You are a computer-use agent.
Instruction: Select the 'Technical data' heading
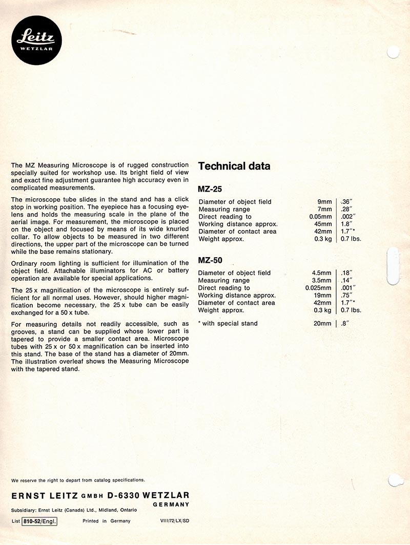234,166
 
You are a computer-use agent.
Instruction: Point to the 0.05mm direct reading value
318,217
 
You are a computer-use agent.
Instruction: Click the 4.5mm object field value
321,273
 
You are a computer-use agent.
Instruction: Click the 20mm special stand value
322,323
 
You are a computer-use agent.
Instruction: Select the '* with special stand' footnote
228,323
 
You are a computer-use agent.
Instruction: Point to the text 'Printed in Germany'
107,521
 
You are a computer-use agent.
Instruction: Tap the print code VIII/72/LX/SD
175,521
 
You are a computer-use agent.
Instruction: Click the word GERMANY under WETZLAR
171,505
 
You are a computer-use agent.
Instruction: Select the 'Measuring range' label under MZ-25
224,209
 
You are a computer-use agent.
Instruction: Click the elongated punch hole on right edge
393,265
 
